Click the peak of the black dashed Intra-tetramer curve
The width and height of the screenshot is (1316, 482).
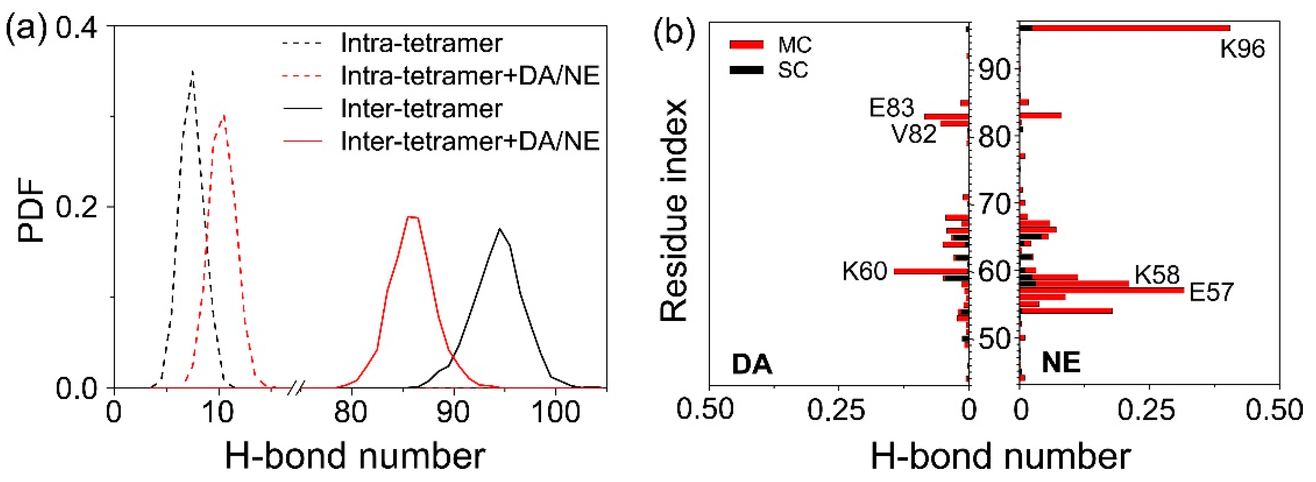[x=192, y=71]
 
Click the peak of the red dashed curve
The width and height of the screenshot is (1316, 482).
[x=223, y=115]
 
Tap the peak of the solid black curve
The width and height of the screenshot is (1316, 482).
[x=500, y=229]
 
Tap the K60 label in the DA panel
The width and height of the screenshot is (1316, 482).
[x=865, y=271]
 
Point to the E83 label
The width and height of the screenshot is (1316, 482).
[x=892, y=108]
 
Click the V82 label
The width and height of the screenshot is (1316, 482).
[x=914, y=134]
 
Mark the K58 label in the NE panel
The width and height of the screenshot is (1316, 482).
[x=1157, y=275]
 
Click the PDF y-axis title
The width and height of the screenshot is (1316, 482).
[x=31, y=209]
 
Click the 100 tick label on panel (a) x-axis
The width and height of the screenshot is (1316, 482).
[x=555, y=412]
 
